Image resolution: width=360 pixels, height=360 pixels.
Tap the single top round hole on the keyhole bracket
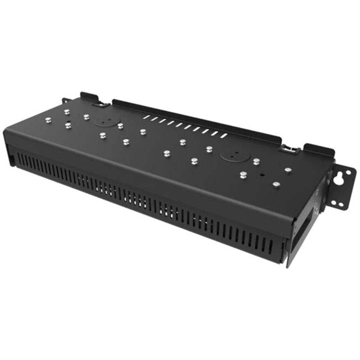[346, 171]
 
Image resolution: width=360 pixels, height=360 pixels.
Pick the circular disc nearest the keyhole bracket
[228, 154]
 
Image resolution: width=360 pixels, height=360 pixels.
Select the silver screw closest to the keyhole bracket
[287, 170]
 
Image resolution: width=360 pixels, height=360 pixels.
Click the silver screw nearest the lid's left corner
[47, 120]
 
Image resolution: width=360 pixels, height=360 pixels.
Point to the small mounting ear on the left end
[65, 100]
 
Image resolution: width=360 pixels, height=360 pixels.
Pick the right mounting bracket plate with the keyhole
[341, 188]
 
